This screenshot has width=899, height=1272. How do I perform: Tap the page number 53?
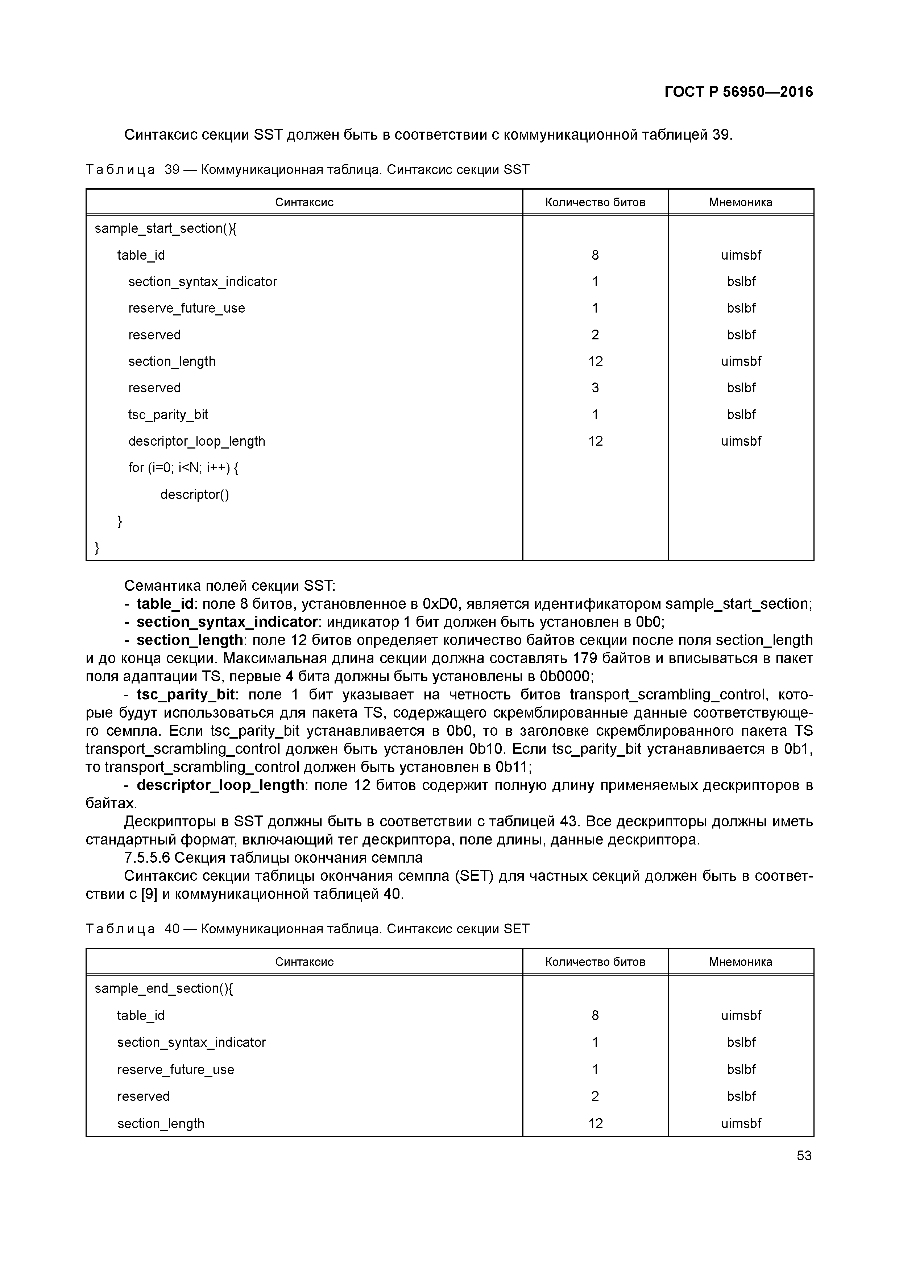pyautogui.click(x=804, y=1155)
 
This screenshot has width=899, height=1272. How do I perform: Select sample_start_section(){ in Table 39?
pyautogui.click(x=165, y=228)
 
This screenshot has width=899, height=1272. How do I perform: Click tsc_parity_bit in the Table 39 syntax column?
pyautogui.click(x=168, y=414)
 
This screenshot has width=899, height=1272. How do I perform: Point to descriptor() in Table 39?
pyautogui.click(x=194, y=494)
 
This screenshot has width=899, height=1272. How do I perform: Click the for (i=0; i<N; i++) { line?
pyautogui.click(x=183, y=468)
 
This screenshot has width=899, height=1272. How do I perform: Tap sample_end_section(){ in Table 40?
pyautogui.click(x=164, y=988)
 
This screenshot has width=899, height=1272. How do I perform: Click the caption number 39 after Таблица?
pyautogui.click(x=172, y=170)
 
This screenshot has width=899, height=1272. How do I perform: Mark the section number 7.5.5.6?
pyautogui.click(x=147, y=858)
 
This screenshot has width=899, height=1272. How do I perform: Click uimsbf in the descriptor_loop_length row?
pyautogui.click(x=741, y=441)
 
